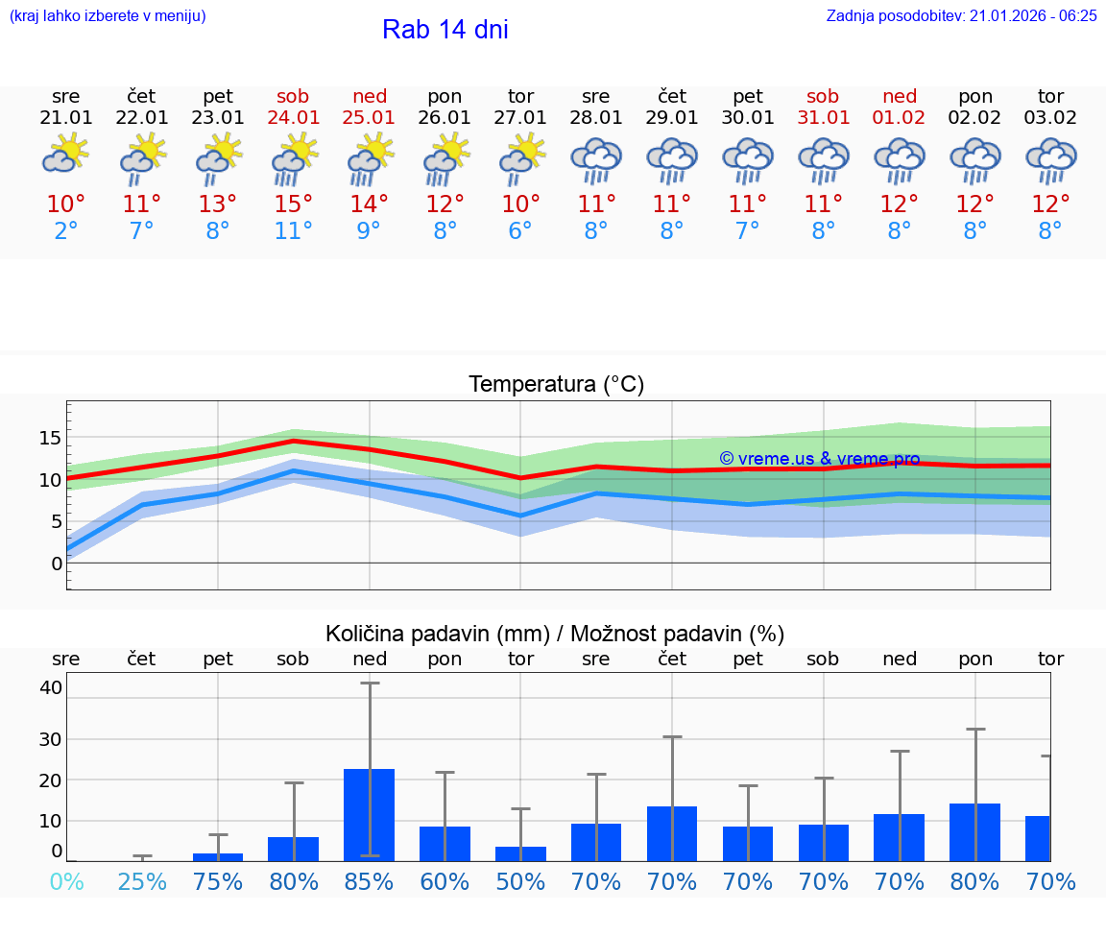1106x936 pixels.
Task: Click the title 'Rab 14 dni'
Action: pyautogui.click(x=445, y=30)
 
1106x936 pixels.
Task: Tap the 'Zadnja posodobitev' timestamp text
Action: pyautogui.click(x=961, y=15)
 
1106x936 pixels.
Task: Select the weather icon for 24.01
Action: pyautogui.click(x=294, y=159)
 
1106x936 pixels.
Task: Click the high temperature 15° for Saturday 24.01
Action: pyautogui.click(x=294, y=204)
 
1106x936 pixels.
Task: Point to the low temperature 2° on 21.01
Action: pyautogui.click(x=66, y=231)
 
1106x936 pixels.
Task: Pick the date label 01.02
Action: pyautogui.click(x=900, y=118)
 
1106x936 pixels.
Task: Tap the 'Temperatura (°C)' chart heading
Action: pyautogui.click(x=556, y=385)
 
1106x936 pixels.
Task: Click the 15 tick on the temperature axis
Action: pyautogui.click(x=50, y=438)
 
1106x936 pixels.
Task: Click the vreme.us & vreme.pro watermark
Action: pyautogui.click(x=819, y=459)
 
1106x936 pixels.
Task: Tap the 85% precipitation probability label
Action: pyautogui.click(x=370, y=881)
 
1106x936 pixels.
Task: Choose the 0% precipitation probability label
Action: pyautogui.click(x=66, y=881)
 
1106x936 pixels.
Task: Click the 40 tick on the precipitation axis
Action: pyautogui.click(x=51, y=687)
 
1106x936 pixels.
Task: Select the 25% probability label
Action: pyautogui.click(x=142, y=881)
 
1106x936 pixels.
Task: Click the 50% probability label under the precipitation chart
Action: pyautogui.click(x=520, y=881)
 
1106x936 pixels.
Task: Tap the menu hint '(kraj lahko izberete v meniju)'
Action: pyautogui.click(x=108, y=15)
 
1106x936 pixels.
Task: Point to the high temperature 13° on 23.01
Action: pyautogui.click(x=218, y=204)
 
